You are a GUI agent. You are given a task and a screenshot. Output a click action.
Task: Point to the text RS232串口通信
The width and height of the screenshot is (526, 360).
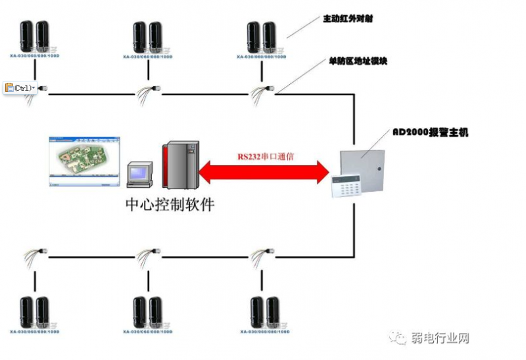pyautogui.click(x=266, y=158)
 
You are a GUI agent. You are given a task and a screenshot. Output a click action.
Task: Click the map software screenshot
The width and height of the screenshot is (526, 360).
pyautogui.click(x=84, y=161)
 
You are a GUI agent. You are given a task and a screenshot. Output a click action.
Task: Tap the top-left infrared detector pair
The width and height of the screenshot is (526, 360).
pyautogui.click(x=35, y=38)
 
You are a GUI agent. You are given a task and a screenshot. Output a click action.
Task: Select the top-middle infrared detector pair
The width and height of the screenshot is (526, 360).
pyautogui.click(x=148, y=38)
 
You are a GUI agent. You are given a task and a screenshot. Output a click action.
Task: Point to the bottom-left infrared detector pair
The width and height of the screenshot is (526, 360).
pyautogui.click(x=35, y=313)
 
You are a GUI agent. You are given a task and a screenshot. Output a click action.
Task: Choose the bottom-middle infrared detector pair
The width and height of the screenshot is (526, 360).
pyautogui.click(x=148, y=313)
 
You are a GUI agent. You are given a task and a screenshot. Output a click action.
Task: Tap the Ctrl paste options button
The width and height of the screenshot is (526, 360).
pyautogui.click(x=20, y=87)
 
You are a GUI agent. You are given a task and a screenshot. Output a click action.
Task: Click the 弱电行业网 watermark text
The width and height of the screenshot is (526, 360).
pyautogui.click(x=439, y=338)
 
